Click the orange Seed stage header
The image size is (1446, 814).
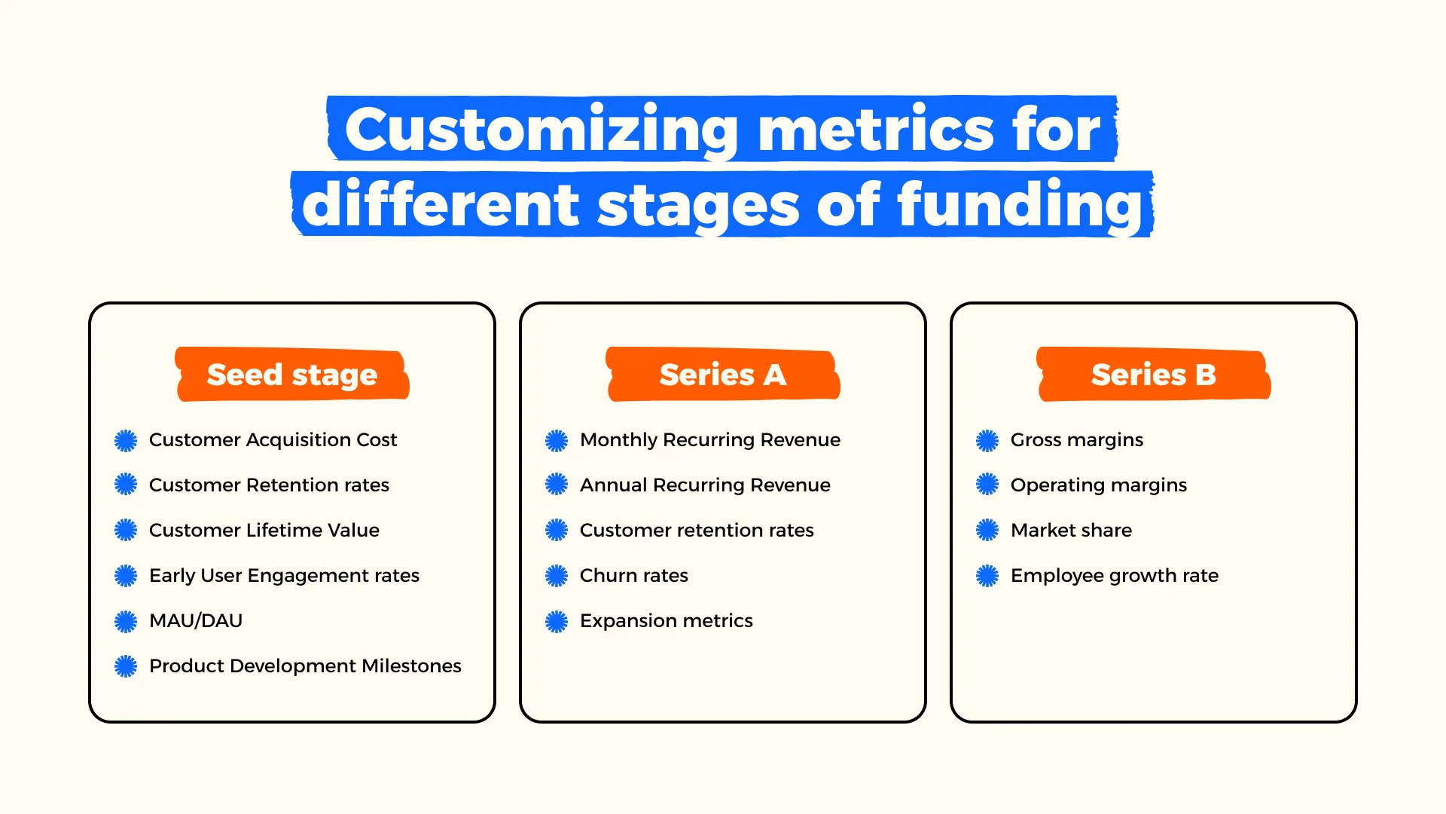(x=292, y=375)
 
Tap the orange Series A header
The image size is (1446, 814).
(x=723, y=375)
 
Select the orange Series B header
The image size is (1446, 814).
(x=1154, y=375)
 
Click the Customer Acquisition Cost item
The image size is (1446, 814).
(x=273, y=440)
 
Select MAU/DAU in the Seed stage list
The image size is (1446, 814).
(x=196, y=621)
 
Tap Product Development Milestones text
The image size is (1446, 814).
(x=305, y=666)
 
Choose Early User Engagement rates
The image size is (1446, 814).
(x=284, y=576)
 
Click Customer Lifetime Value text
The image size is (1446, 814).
(x=264, y=531)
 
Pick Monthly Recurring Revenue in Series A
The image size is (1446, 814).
(x=710, y=440)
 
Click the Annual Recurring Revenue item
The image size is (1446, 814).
(x=705, y=485)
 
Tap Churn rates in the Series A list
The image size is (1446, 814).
(x=634, y=576)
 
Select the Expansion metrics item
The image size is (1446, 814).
(x=667, y=621)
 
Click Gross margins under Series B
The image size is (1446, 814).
(x=1077, y=440)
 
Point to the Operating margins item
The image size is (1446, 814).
(x=1099, y=485)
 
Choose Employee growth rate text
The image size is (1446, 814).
(x=1115, y=576)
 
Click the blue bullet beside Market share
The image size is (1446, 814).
(x=987, y=531)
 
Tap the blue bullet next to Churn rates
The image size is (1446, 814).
(x=557, y=576)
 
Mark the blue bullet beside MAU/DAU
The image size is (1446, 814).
(x=126, y=621)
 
